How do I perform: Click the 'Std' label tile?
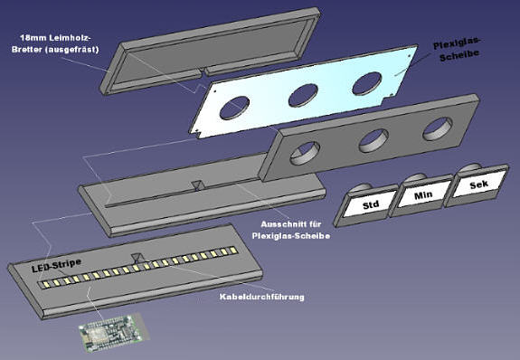[365, 205]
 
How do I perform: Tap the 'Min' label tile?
[421, 195]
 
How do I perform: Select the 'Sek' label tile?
[477, 185]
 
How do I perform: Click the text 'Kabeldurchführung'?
[262, 297]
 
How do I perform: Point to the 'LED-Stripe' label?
[56, 265]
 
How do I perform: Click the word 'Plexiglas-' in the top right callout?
[457, 43]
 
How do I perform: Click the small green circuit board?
[113, 332]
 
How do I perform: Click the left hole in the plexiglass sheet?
[234, 108]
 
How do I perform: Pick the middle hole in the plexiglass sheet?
[303, 96]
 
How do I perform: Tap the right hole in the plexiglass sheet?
[367, 83]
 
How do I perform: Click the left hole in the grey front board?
[305, 153]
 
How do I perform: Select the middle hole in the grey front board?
[373, 141]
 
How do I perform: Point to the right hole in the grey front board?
[438, 128]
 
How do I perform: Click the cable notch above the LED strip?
[137, 258]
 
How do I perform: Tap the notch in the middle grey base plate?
[198, 185]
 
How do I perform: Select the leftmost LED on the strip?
[46, 284]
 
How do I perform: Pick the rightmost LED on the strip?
[233, 250]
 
